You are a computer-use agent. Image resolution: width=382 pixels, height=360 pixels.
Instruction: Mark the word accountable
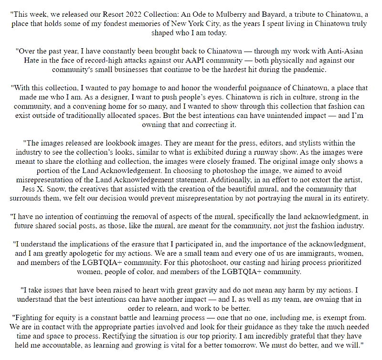63,344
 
